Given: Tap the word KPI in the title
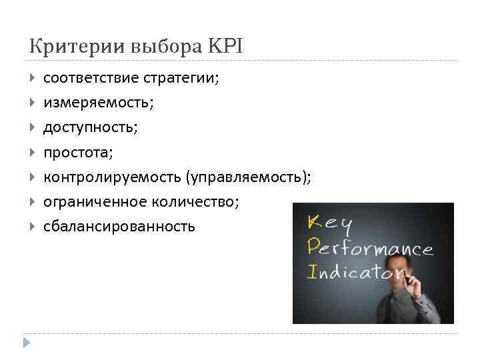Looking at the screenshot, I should (x=227, y=47).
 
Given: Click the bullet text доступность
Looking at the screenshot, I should (x=90, y=127).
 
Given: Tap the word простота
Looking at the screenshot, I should (x=78, y=153).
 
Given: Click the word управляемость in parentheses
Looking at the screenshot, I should (x=248, y=177).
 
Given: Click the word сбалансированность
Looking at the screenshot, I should (x=119, y=227).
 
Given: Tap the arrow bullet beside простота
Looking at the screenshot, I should (x=33, y=153).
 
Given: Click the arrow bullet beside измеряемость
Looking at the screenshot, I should (x=33, y=103).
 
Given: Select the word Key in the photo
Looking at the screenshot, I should (x=331, y=224).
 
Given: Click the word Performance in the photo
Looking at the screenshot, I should (x=371, y=249).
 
